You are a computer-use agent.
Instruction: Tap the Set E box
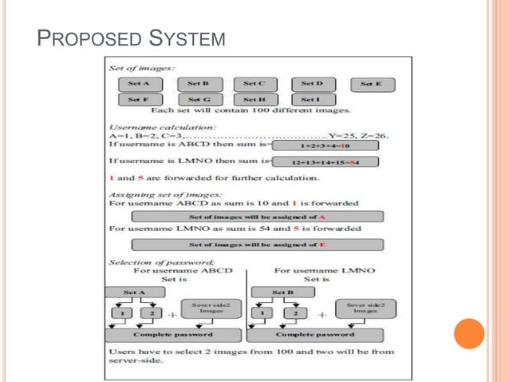[x=371, y=84]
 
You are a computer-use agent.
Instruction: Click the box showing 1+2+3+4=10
[x=326, y=146]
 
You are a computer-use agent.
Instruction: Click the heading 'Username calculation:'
[x=151, y=126]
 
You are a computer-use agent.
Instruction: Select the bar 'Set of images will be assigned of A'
[x=257, y=217]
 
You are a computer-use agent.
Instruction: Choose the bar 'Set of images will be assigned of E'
[x=257, y=245]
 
